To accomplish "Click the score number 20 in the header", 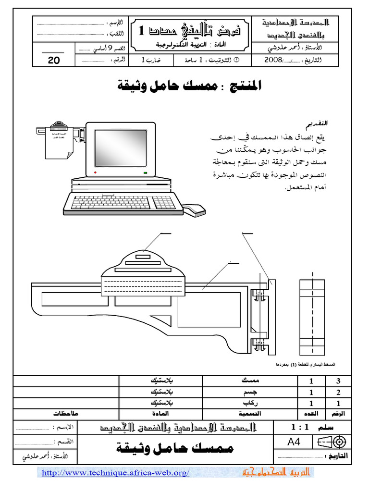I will coord(54,61).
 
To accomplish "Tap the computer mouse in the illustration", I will coord(195,209).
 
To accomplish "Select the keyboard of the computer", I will coord(123,202).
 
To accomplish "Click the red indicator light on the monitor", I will coord(96,172).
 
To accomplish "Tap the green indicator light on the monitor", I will coord(145,172).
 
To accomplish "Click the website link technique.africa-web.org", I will coord(116,473).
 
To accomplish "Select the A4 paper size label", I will coord(294,442).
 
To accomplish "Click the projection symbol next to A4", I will coord(332,442).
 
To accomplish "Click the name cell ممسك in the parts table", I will coord(249,381).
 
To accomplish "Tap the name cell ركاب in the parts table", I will coord(249,403).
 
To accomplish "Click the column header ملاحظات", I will coord(65,413).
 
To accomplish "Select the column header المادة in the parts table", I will coord(161,413).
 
